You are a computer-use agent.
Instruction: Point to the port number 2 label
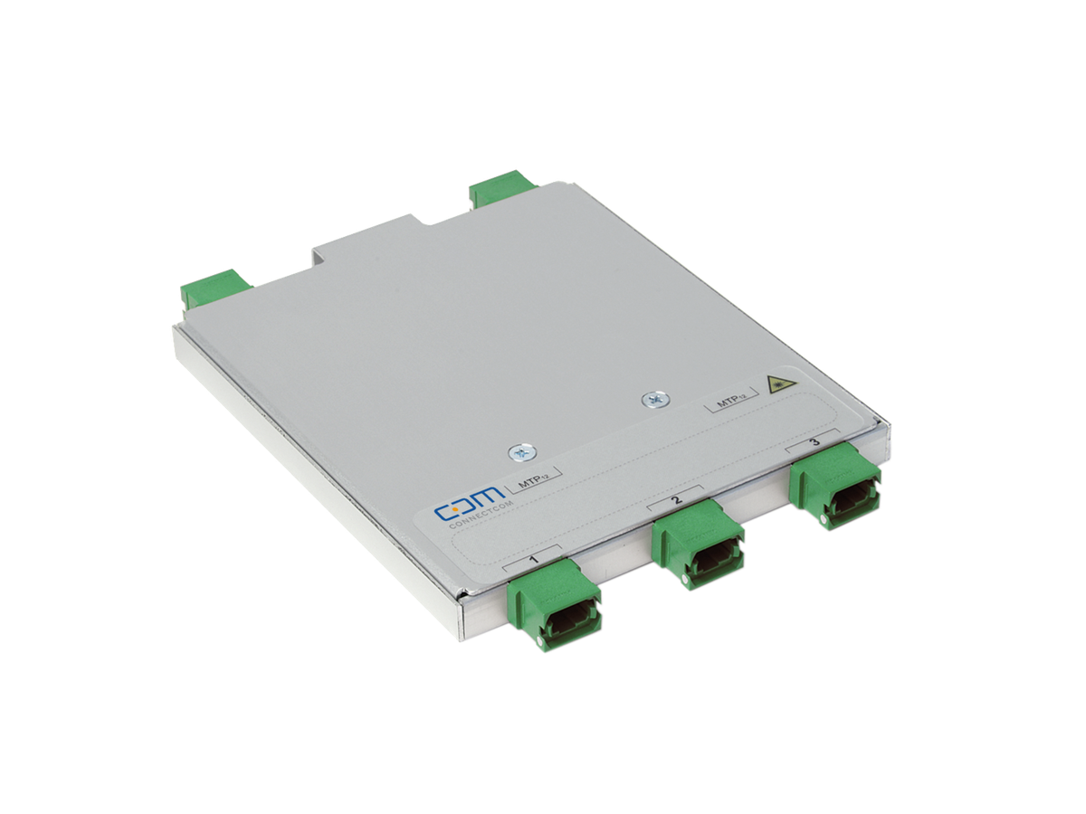pyautogui.click(x=676, y=500)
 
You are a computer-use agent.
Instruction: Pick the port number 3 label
pyautogui.click(x=814, y=442)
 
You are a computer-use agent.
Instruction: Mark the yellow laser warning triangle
pyautogui.click(x=776, y=383)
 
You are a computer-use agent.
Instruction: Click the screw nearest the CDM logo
pyautogui.click(x=519, y=453)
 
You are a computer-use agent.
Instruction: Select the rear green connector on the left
pyautogui.click(x=215, y=287)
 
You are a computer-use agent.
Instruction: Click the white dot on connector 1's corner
pyautogui.click(x=540, y=642)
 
